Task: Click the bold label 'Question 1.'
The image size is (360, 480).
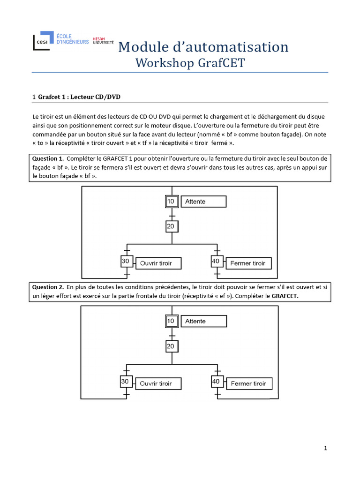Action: [48, 159]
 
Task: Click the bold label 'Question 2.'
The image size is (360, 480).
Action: [48, 286]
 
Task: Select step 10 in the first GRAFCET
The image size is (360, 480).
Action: [171, 202]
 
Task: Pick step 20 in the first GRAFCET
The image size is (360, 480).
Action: [172, 227]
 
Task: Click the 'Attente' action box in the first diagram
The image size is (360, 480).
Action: [203, 202]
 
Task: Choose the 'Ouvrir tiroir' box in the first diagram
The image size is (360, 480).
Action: [158, 263]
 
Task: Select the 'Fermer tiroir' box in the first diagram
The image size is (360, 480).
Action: [248, 263]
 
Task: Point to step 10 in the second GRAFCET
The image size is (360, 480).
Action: [171, 321]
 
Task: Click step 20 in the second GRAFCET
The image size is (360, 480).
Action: [172, 346]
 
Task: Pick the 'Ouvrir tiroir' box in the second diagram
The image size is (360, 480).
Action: [157, 383]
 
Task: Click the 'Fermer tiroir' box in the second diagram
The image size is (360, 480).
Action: [248, 383]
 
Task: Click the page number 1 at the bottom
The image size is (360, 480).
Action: [325, 449]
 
